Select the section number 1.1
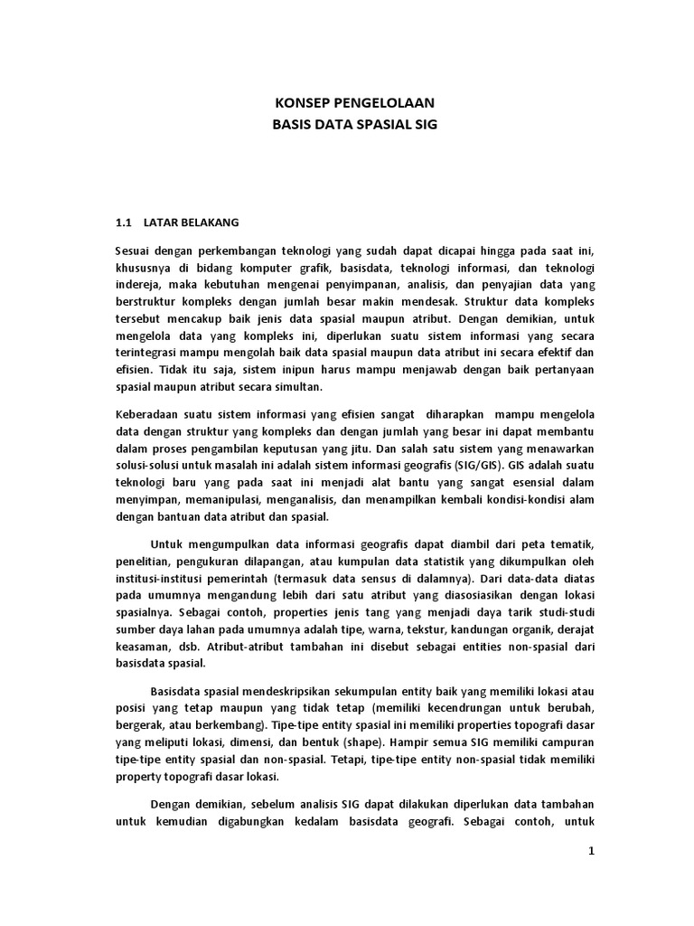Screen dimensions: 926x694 coord(124,222)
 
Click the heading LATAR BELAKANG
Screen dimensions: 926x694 coord(192,222)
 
